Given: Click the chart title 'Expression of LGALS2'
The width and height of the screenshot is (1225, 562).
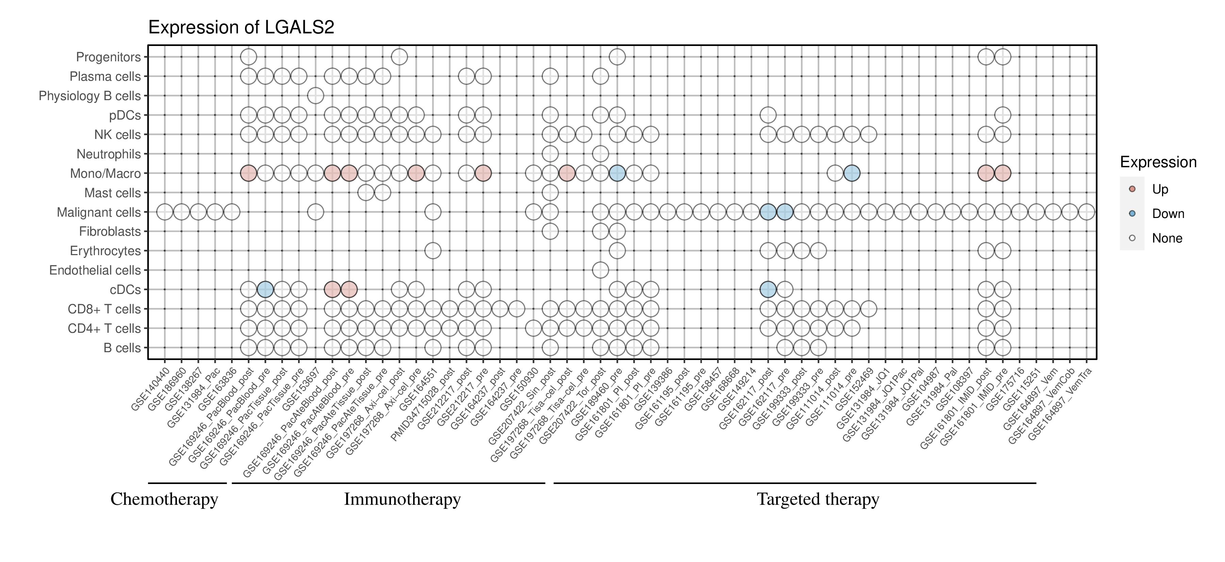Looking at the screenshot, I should tap(241, 28).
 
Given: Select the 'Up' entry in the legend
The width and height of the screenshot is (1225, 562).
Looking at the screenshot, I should tap(1160, 189).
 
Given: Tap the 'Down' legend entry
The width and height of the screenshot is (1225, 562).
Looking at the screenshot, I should tap(1167, 214).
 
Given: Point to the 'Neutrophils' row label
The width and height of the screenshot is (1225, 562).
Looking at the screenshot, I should tap(109, 154).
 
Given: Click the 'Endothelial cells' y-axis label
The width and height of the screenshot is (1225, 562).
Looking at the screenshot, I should tap(95, 270).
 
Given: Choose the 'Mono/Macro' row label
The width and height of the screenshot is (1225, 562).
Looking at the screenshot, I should tap(105, 174).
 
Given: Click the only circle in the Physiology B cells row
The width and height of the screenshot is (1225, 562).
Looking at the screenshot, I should tap(316, 96).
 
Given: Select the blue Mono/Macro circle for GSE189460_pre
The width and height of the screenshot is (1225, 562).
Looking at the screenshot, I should tap(617, 173).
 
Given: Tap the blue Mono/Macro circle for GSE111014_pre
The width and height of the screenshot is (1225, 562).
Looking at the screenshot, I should tap(852, 173).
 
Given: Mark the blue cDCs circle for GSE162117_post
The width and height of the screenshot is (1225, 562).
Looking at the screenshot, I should tap(768, 289).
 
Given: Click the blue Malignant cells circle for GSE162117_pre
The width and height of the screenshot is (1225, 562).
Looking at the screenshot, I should tap(785, 212).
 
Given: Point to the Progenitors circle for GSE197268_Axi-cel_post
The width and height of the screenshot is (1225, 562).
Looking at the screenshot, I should tap(399, 57).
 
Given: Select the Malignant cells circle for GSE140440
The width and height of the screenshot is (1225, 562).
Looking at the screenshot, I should tap(165, 212).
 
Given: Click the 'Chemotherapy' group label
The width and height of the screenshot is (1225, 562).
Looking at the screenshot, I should tap(164, 499).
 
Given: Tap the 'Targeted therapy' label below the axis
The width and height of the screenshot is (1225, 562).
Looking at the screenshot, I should tap(818, 499).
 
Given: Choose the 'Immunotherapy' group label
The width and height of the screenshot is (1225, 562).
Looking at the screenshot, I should tap(402, 499).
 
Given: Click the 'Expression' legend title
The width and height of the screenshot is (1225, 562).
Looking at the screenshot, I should tap(1158, 162).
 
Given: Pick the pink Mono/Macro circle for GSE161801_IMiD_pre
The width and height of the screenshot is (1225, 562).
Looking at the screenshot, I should tap(1002, 173).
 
